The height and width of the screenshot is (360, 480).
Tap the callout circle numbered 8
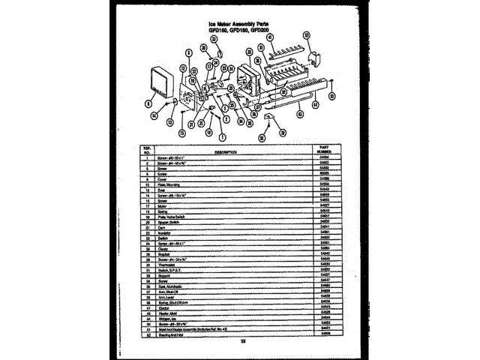pyautogui.click(x=148, y=101)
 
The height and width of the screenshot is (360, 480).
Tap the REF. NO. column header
pyautogui.click(x=147, y=151)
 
